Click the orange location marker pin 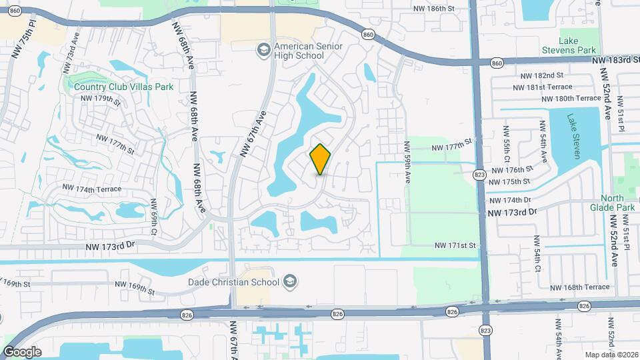(x=321, y=159)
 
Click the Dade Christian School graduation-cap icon (x=289, y=281)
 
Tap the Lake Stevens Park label (x=577, y=45)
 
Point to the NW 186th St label (x=433, y=9)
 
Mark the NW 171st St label (x=455, y=245)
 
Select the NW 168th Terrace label (x=580, y=287)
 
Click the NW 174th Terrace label (x=92, y=189)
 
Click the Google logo (x=22, y=351)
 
